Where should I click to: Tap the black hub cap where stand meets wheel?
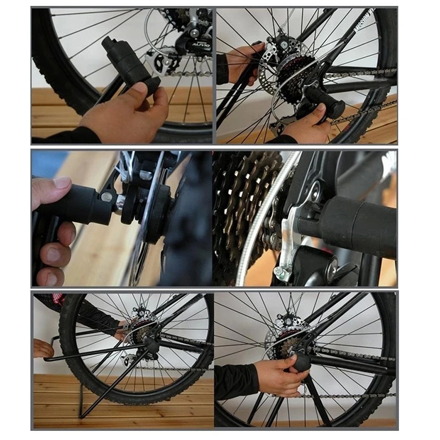click(x=152, y=344)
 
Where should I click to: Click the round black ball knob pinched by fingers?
click(x=302, y=361)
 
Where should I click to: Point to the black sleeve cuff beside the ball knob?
click(x=235, y=381)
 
